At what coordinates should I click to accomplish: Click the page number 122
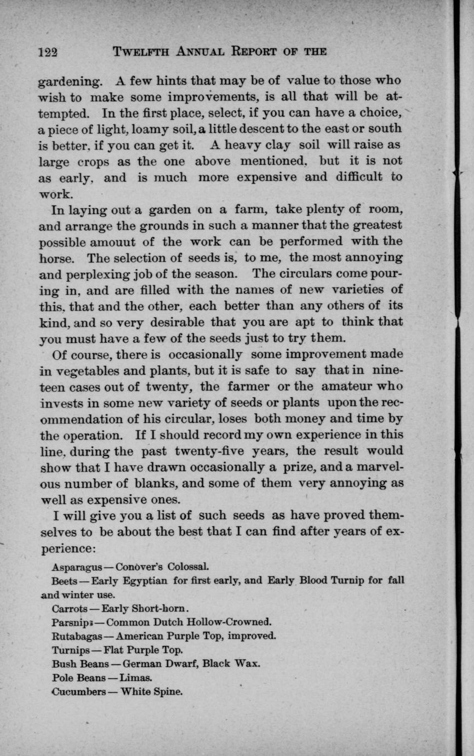pyautogui.click(x=48, y=53)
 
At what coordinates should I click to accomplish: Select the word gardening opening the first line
pyautogui.click(x=69, y=82)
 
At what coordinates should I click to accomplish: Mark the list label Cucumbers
pyautogui.click(x=78, y=692)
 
